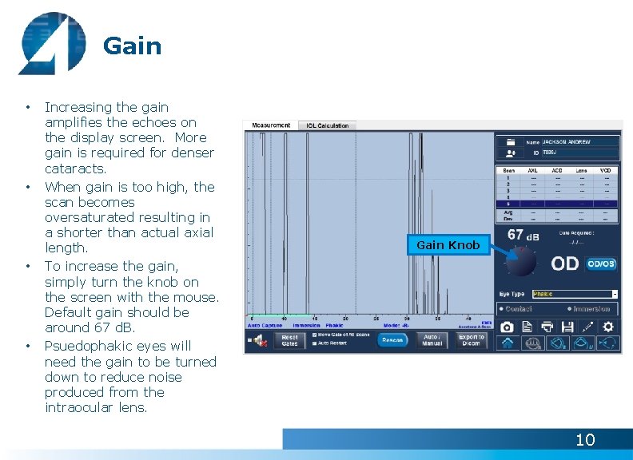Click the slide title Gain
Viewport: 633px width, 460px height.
coord(132,46)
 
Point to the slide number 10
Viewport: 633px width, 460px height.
coord(585,439)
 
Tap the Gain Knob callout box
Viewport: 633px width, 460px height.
coord(448,245)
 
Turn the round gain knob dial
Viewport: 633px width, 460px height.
coord(522,260)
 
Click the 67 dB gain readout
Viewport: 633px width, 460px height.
coord(524,236)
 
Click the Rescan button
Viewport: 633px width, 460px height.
coord(392,340)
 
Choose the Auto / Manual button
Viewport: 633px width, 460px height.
coord(432,340)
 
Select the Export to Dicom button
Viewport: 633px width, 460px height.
coord(471,340)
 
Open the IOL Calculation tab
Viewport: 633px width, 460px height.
coord(328,125)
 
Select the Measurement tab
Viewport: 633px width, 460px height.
coord(271,125)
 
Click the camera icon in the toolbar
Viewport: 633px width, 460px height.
coord(507,327)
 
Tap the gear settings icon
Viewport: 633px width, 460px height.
coord(608,327)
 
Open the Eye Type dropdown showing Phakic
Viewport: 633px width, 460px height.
coord(575,294)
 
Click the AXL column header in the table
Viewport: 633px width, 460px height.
coord(533,170)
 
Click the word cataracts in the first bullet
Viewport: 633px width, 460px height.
coord(75,169)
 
